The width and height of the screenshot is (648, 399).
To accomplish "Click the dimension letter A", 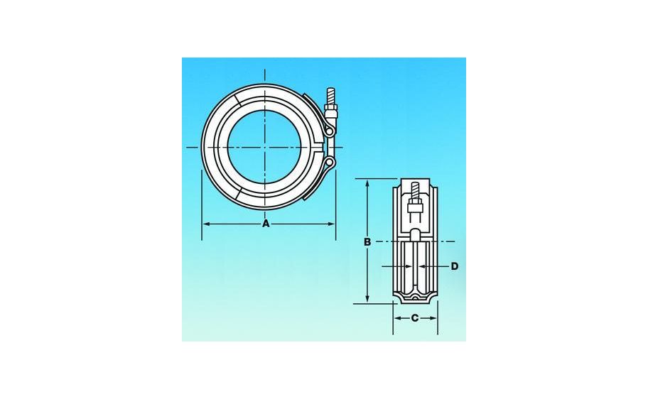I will pyautogui.click(x=266, y=224).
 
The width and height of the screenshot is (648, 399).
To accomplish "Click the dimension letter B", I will pyautogui.click(x=367, y=242).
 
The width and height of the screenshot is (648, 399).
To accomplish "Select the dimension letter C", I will pyautogui.click(x=415, y=318).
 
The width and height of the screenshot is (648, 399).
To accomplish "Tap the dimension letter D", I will pyautogui.click(x=455, y=266).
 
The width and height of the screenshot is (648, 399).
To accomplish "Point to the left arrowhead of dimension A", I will pyautogui.click(x=206, y=224).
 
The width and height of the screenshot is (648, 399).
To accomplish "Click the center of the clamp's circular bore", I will pyautogui.click(x=266, y=147).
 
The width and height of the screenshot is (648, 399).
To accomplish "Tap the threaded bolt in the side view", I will pyautogui.click(x=416, y=192).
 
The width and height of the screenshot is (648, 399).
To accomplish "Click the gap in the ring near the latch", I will pyautogui.click(x=318, y=147).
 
